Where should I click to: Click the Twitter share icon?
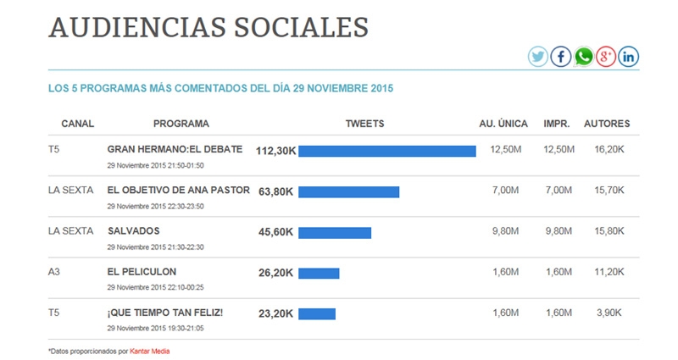tap(538, 57)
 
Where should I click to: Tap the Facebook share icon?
tap(561, 57)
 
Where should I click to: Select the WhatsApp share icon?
tap(584, 57)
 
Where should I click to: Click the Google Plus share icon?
tap(606, 57)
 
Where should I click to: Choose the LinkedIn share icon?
tap(628, 57)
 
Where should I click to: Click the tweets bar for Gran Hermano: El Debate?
tap(387, 151)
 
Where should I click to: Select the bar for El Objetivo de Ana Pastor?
tap(348, 191)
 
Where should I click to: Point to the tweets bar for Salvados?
tap(335, 232)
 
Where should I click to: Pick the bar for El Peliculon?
tap(319, 273)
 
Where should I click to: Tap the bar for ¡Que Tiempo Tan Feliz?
tap(317, 313)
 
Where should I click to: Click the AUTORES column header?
tap(607, 124)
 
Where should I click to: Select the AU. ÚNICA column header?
tap(504, 124)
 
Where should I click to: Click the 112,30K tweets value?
tap(275, 151)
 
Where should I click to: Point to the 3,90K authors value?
tap(610, 313)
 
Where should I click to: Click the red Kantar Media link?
tap(155, 351)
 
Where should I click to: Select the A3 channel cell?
tap(55, 272)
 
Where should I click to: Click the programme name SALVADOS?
tap(134, 230)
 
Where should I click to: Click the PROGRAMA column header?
tap(181, 124)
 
